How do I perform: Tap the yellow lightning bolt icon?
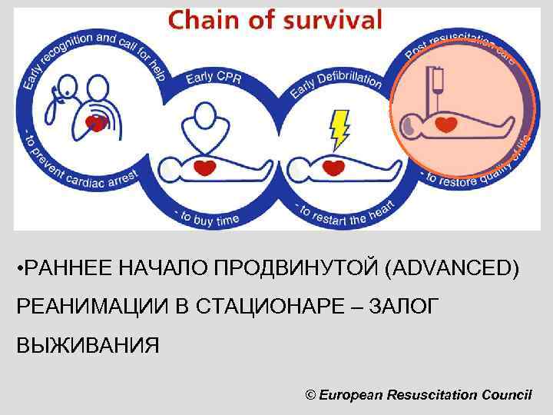(x=339, y=129)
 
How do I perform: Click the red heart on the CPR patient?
(x=204, y=167)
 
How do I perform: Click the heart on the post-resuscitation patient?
(x=445, y=124)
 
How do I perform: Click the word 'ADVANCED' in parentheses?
(x=452, y=268)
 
